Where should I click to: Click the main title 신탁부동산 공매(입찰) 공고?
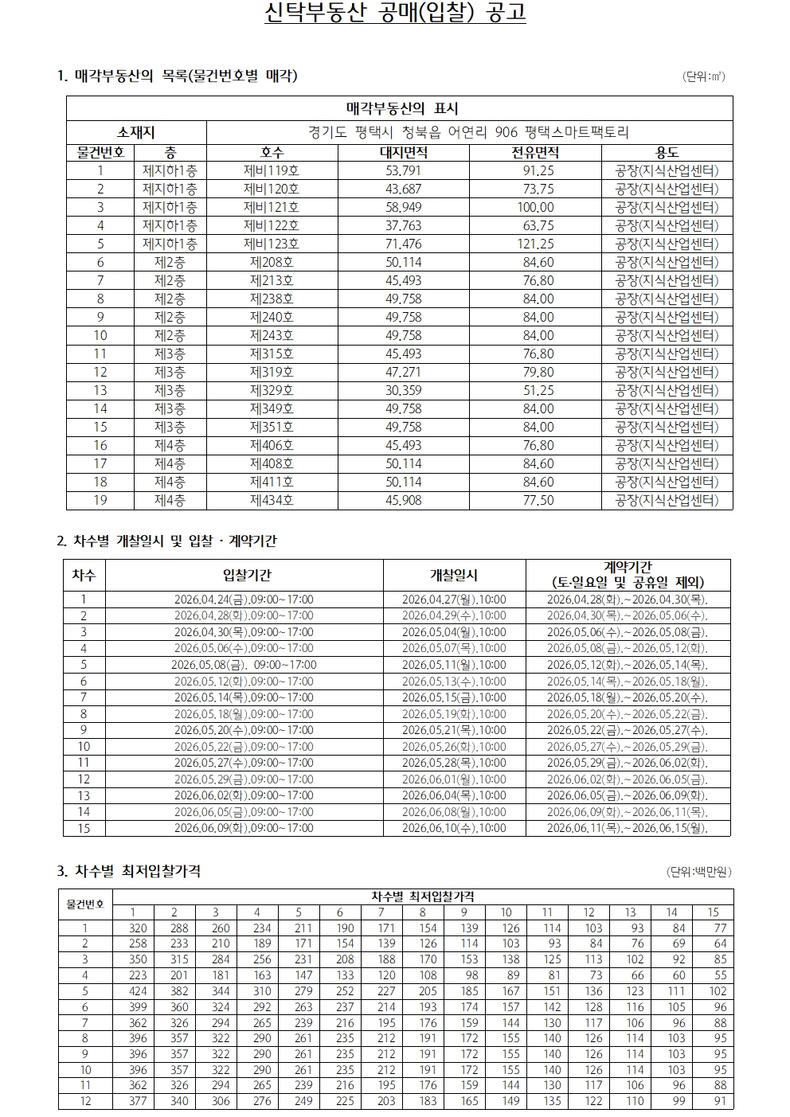tap(395, 14)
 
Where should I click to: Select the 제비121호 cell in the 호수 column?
tap(272, 207)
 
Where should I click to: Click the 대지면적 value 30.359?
tap(403, 390)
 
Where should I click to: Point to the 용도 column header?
tap(667, 152)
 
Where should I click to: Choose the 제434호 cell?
tap(272, 500)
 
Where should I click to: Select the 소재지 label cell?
tap(136, 132)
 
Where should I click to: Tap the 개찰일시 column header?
tap(454, 575)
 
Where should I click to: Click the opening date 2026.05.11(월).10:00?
tap(454, 665)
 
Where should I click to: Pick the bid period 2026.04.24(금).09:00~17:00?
tap(244, 600)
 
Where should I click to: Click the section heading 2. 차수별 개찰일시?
tap(166, 541)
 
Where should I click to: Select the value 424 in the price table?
tap(138, 991)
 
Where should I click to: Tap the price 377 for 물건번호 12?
tap(138, 1101)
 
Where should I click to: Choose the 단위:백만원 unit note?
tap(698, 872)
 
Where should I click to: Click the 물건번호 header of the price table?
tap(85, 904)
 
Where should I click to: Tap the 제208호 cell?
tap(272, 262)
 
